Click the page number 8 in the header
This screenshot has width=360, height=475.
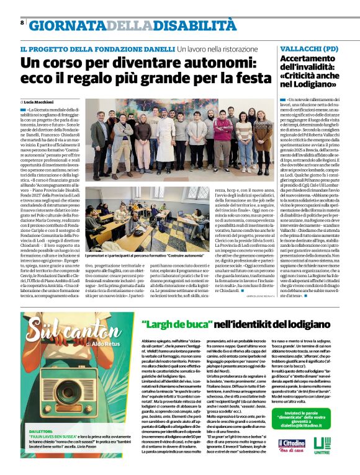(22, 24)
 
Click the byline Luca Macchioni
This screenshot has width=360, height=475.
(40, 101)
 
